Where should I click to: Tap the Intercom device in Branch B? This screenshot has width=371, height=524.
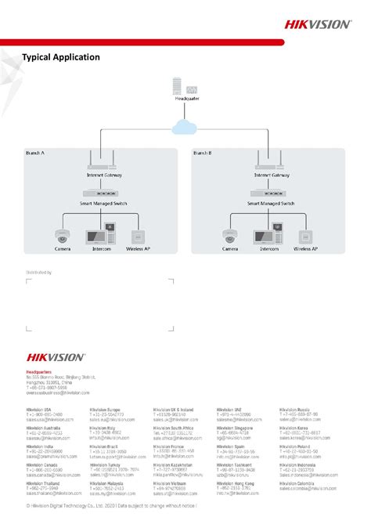pos(270,234)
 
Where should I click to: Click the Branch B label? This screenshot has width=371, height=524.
pos(204,154)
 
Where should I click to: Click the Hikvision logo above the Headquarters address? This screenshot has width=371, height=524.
pos(56,356)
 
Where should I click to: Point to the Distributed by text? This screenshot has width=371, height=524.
pos(38,273)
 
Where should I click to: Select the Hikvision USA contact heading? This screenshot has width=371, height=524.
pos(38,410)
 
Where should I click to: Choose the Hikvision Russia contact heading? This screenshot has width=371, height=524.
pos(294,410)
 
